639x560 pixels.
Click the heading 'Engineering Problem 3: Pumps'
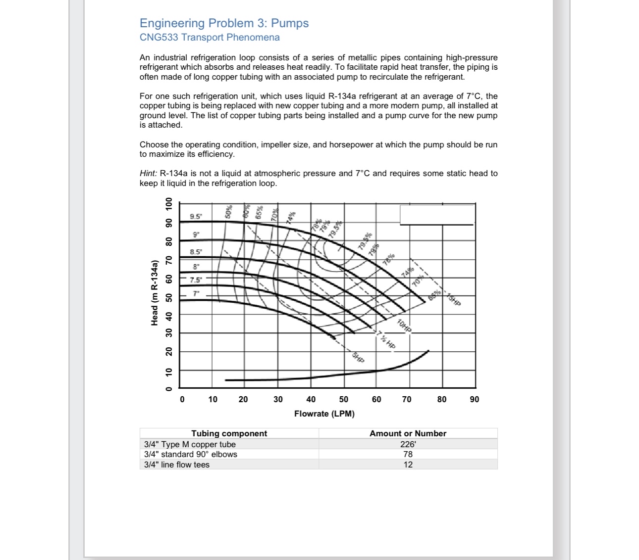point(224,23)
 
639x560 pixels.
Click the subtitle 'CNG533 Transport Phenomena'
point(210,38)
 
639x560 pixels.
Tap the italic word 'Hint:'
point(149,174)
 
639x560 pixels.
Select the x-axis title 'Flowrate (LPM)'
point(324,414)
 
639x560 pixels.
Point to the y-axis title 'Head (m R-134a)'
point(155,292)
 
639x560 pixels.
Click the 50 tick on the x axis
point(343,399)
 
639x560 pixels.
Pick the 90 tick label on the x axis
point(474,399)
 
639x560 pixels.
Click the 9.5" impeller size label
point(196,216)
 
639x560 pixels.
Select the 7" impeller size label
point(196,293)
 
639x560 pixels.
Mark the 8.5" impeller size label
point(196,252)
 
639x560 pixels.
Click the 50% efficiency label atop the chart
point(229,212)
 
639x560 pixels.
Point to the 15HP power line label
point(454,300)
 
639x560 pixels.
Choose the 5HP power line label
point(358,357)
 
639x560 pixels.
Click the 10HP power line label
point(404,326)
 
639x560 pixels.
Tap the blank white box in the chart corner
point(437,214)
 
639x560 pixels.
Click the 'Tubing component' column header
point(229,433)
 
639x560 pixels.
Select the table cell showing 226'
point(408,444)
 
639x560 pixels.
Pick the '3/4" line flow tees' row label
point(177,465)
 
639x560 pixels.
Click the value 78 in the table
point(408,454)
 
